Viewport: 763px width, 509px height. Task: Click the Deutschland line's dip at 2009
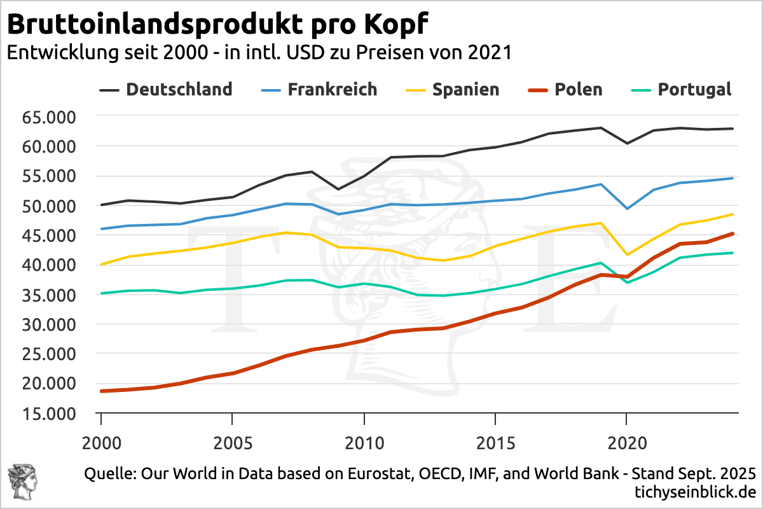tap(338, 189)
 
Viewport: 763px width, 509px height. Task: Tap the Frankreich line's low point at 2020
tap(626, 209)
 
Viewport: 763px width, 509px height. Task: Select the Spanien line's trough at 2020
tap(626, 254)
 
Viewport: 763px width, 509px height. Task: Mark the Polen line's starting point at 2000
tap(102, 391)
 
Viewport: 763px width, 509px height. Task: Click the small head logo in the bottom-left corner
tap(21, 481)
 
